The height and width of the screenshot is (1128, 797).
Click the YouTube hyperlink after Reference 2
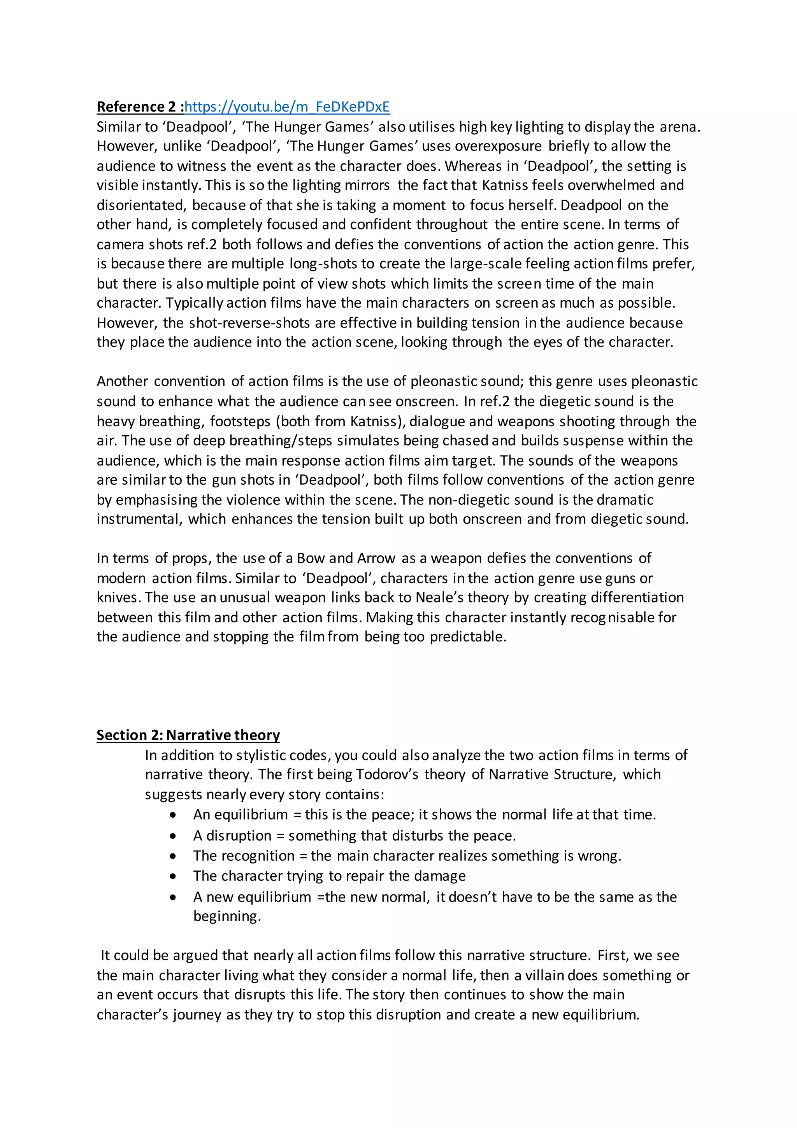click(287, 107)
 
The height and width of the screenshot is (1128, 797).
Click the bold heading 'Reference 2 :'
click(140, 107)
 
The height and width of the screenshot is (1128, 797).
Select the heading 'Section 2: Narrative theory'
click(188, 735)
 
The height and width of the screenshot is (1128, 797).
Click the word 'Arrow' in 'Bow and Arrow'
click(376, 558)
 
